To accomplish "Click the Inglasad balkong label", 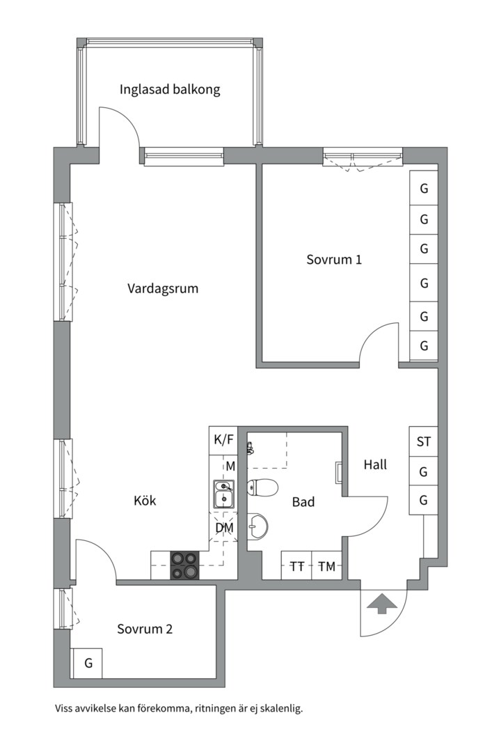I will pos(170,90).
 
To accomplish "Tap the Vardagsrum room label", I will pos(163,288).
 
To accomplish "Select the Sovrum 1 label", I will pos(334,260).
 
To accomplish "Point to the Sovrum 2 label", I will pos(145,629).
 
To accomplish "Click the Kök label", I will pos(145,500).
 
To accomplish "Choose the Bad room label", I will pos(303,501).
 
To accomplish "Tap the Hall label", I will pos(375,464).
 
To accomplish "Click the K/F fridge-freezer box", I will pos(223,440).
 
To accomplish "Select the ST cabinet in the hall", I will pos(423,441).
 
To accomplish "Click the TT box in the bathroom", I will pos(296,566).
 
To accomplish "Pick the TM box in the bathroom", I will pos(326,566).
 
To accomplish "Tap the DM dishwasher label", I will pos(223,528).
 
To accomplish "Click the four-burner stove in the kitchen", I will pos(184,565).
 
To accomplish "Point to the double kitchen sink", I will pos(223,493).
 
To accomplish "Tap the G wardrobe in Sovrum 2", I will pos(88,664).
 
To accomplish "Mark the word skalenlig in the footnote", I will pos(280,709).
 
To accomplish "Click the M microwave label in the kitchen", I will pos(230,465).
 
